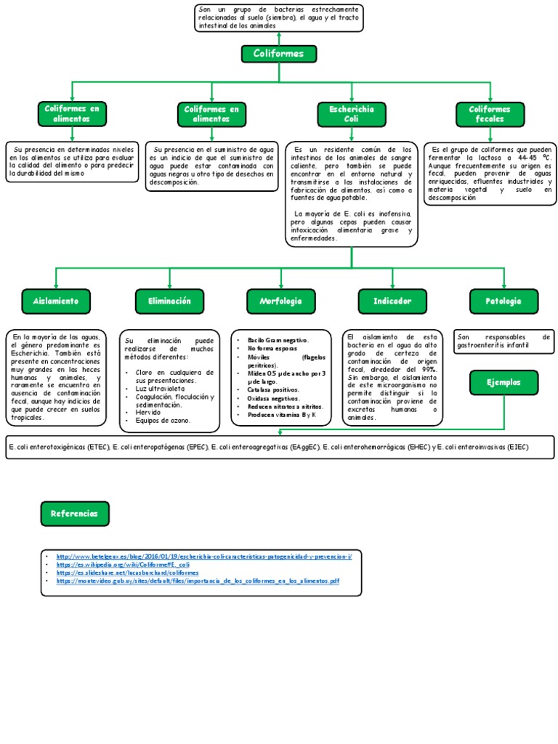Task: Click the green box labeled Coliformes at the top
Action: (278, 54)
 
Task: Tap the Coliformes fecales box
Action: (490, 113)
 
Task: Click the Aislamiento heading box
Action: (56, 300)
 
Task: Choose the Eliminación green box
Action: (169, 300)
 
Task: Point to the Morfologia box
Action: (280, 300)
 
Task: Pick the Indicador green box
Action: (392, 300)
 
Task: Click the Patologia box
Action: (504, 300)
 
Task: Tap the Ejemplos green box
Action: (504, 382)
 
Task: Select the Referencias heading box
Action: (75, 514)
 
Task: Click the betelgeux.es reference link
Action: (203, 556)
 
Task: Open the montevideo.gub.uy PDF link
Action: (197, 581)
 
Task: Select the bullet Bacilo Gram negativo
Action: (278, 340)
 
